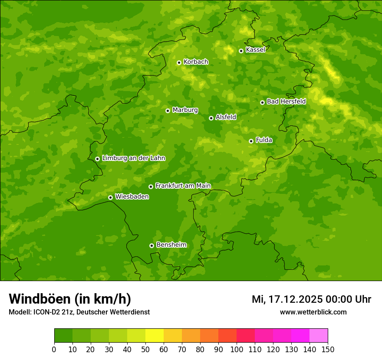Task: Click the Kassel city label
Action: point(255,50)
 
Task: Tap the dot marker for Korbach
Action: point(179,62)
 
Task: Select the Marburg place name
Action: point(185,110)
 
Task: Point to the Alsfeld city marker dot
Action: point(211,118)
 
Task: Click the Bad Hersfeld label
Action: point(286,101)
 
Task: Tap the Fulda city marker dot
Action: point(251,141)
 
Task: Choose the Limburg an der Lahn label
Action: point(133,158)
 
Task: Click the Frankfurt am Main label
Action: point(183,186)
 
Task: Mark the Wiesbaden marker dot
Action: point(110,197)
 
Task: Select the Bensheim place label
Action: point(171,245)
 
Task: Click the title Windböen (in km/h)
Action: point(69,299)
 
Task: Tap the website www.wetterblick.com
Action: point(313,312)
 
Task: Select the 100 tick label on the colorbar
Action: point(237,350)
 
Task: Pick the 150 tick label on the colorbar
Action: point(328,350)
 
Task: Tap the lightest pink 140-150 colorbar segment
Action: point(319,336)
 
